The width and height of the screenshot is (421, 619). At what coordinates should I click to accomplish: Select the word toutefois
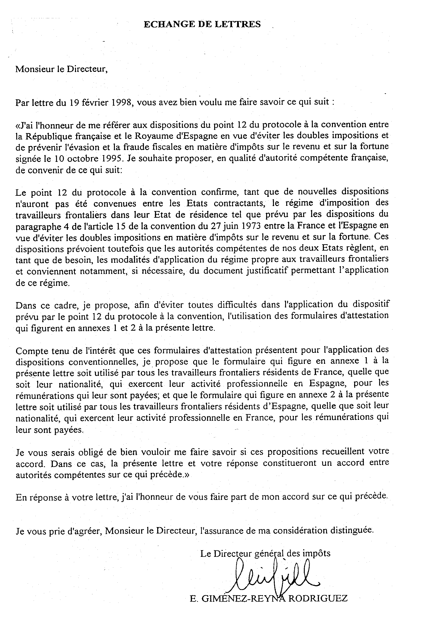click(x=130, y=249)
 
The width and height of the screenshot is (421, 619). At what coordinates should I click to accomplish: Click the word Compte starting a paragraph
click(x=30, y=351)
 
